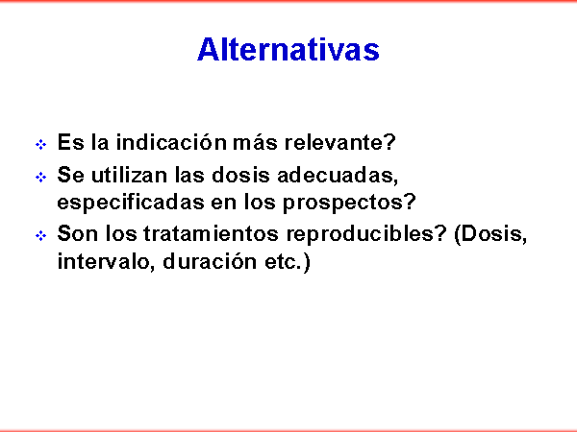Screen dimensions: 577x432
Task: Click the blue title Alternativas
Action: point(288,49)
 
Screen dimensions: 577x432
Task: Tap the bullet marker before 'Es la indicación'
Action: point(40,144)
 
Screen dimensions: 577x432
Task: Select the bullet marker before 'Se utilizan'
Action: point(40,178)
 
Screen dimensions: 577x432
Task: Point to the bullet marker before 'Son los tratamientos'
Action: point(40,235)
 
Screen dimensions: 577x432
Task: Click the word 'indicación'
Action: point(171,142)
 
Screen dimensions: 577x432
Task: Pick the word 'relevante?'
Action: point(340,142)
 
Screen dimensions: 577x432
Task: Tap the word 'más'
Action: point(255,142)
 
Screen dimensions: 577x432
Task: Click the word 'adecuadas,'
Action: point(338,176)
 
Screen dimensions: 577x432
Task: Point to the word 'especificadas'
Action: point(131,202)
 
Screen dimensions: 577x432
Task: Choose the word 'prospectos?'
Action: point(349,203)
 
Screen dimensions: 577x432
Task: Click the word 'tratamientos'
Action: point(211,233)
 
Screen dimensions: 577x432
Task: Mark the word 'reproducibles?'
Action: point(366,233)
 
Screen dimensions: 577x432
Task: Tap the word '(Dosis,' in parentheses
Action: point(490,234)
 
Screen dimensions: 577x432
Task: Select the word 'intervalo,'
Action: point(107,261)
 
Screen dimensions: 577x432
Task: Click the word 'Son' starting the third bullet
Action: point(78,233)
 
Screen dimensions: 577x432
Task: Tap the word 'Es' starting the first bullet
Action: point(70,142)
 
